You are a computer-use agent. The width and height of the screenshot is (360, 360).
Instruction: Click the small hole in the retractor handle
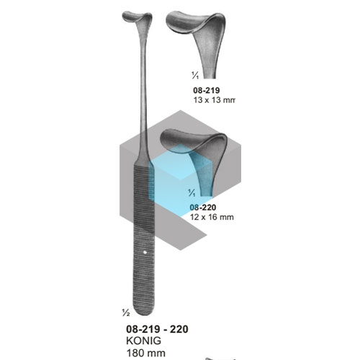[x=145, y=252]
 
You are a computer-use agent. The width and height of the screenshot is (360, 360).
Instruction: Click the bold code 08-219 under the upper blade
[x=207, y=91]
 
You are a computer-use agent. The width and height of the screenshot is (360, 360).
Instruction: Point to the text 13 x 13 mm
[x=214, y=100]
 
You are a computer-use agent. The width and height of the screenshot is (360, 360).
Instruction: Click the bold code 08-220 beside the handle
[x=203, y=207]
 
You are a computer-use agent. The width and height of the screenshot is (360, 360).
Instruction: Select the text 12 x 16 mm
[x=212, y=217]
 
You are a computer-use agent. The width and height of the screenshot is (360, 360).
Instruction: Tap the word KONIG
[x=143, y=341]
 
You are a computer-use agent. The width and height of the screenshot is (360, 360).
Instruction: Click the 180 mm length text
[x=146, y=353]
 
